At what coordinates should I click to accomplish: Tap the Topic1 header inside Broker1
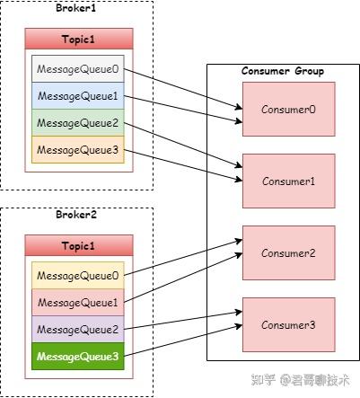pos(79,39)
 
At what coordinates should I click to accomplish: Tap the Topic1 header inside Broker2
pos(79,245)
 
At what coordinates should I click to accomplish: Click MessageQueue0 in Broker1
pos(79,69)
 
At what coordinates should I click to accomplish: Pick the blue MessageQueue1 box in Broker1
pos(79,96)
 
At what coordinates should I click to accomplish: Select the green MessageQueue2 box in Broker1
pos(79,123)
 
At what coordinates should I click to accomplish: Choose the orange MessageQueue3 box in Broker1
pos(79,150)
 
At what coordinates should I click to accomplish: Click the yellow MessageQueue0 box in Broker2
pos(79,276)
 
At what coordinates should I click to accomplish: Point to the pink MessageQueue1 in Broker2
pos(79,303)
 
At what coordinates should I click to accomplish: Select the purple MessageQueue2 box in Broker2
pos(79,330)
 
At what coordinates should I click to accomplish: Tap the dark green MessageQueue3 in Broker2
pos(79,357)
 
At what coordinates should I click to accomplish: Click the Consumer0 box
pos(288,110)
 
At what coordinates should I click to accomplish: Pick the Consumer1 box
pos(288,181)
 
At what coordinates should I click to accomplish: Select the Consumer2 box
pos(288,252)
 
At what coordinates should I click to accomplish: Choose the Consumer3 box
pos(288,323)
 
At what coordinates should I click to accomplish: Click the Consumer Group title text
pos(283,71)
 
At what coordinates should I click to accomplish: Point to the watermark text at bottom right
pos(302,380)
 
